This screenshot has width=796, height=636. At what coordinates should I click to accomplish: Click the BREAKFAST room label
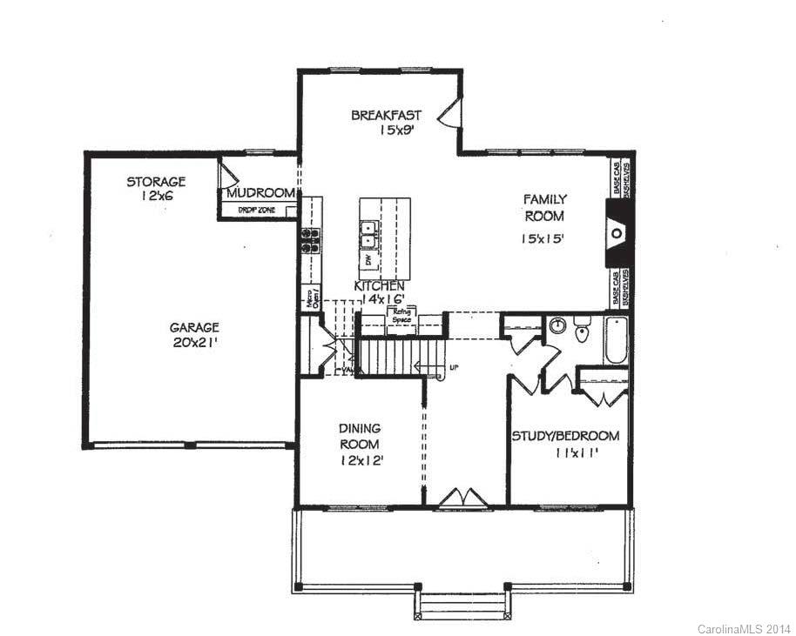pyautogui.click(x=386, y=115)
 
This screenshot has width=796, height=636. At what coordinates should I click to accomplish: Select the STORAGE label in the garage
pyautogui.click(x=156, y=182)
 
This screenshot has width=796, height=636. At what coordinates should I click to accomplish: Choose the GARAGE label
pyautogui.click(x=193, y=327)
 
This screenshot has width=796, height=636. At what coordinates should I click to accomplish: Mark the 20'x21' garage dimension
pyautogui.click(x=193, y=343)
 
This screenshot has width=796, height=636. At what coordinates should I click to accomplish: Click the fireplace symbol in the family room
pyautogui.click(x=617, y=233)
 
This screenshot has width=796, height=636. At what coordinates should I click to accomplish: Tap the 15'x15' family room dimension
pyautogui.click(x=544, y=238)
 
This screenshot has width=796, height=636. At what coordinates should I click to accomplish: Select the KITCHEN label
pyautogui.click(x=379, y=286)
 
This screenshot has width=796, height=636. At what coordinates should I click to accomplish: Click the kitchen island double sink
pyautogui.click(x=369, y=233)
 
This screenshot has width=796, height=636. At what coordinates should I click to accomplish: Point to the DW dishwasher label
pyautogui.click(x=369, y=259)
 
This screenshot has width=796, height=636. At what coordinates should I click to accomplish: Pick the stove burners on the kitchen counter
pyautogui.click(x=311, y=240)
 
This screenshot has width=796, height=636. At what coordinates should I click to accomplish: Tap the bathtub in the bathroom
pyautogui.click(x=615, y=341)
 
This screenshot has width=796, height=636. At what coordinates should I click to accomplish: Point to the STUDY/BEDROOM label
pyautogui.click(x=565, y=436)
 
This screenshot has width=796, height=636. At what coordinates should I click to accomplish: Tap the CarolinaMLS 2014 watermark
pyautogui.click(x=744, y=627)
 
